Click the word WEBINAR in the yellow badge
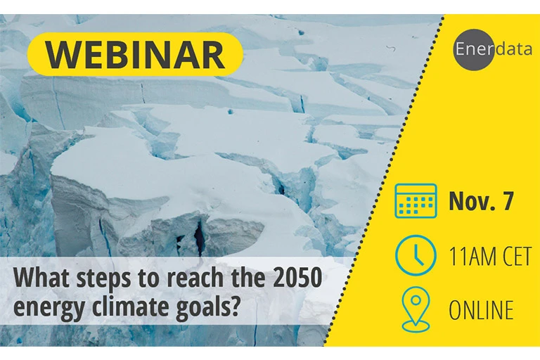(x=136, y=55)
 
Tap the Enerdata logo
(x=493, y=50)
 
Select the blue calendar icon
(x=416, y=201)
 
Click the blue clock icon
(x=416, y=256)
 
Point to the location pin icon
(x=416, y=309)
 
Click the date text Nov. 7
(x=481, y=201)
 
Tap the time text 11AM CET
(x=490, y=257)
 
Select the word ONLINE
(x=481, y=309)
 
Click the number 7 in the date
(x=507, y=201)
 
